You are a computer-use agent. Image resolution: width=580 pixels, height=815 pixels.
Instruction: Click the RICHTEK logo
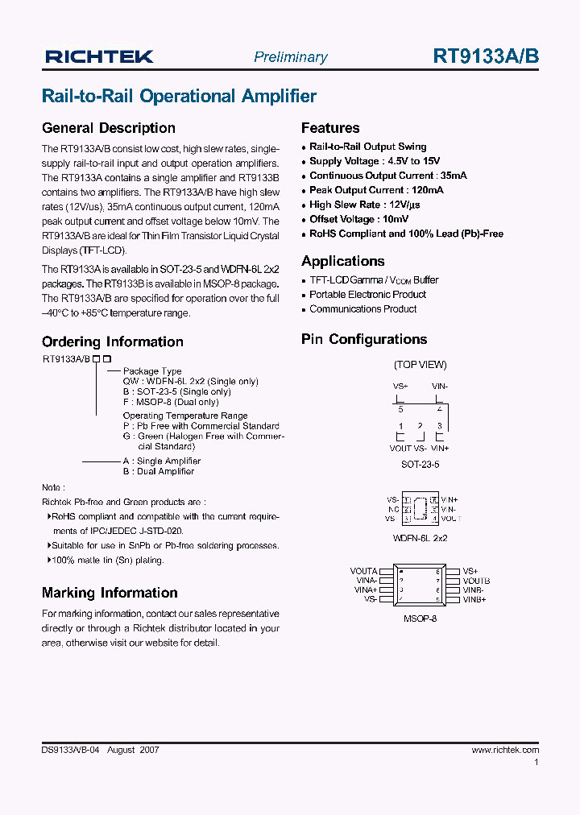click(99, 56)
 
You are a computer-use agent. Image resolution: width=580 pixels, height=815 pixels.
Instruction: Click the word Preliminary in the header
click(290, 57)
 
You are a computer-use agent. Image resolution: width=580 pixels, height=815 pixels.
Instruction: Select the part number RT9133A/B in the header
click(486, 56)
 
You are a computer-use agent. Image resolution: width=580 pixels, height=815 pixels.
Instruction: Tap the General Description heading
click(108, 128)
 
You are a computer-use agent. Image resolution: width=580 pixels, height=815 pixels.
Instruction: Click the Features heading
click(330, 128)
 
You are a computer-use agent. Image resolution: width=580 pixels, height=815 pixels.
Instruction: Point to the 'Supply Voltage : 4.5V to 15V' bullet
click(375, 161)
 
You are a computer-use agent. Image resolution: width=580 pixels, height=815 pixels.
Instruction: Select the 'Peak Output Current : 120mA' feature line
click(376, 190)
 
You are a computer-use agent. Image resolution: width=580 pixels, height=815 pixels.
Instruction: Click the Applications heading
click(342, 261)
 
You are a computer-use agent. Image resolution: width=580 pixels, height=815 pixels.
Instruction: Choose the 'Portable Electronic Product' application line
click(367, 295)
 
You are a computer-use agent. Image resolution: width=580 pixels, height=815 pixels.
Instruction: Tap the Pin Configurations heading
click(364, 340)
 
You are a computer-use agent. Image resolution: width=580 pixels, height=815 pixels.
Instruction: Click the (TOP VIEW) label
click(420, 365)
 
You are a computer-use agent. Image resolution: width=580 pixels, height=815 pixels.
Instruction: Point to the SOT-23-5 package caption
click(420, 465)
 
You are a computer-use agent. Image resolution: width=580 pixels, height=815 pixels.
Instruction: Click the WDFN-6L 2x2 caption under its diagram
click(420, 537)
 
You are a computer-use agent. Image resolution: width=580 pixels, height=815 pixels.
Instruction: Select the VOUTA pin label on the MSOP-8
click(364, 571)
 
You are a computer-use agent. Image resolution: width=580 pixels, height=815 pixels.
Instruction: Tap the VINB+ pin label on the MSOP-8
click(474, 599)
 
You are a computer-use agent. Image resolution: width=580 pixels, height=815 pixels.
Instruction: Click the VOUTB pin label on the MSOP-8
click(476, 581)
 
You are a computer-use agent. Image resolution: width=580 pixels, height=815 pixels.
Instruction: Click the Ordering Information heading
click(112, 341)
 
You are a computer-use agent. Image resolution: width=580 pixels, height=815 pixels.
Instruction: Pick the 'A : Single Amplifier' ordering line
click(161, 461)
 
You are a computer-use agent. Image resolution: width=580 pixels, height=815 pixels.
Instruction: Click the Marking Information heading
click(110, 593)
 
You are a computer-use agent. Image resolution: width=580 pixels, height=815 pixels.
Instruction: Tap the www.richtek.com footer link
click(505, 750)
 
